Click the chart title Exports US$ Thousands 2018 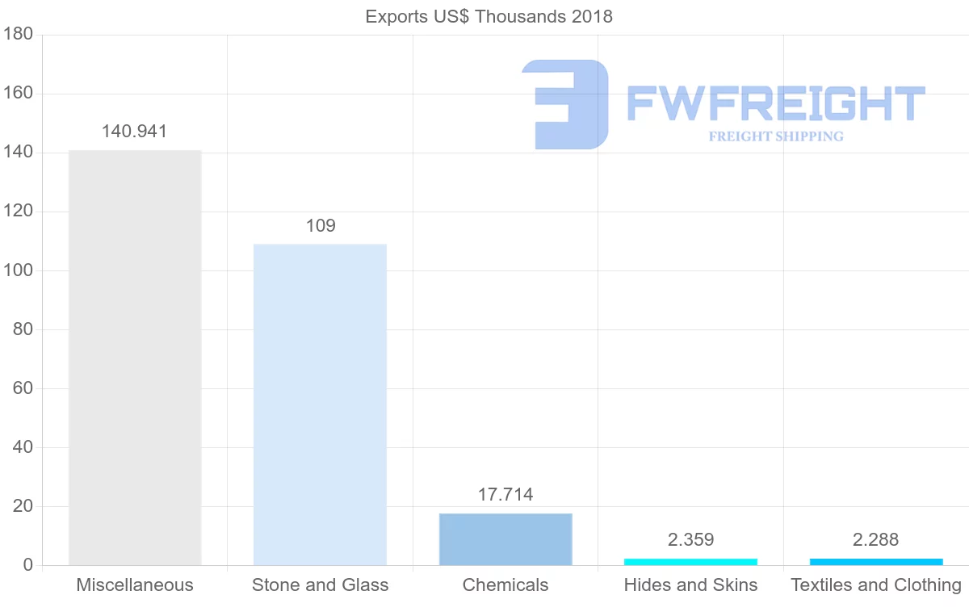[x=489, y=16]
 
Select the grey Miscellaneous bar [x=135, y=358]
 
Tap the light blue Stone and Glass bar [x=320, y=404]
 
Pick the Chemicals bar [x=505, y=539]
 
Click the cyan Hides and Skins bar [x=690, y=562]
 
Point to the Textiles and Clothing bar [x=876, y=562]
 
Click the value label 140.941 [x=134, y=132]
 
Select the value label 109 [x=320, y=226]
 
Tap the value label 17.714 [x=505, y=495]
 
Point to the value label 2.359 [x=690, y=540]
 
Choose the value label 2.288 [x=876, y=540]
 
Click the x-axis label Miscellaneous [x=135, y=585]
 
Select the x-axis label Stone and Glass [x=320, y=585]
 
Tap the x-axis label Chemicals [x=505, y=585]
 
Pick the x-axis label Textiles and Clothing [x=876, y=585]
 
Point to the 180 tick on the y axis [x=18, y=35]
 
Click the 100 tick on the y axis [x=18, y=270]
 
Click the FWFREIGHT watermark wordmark [x=775, y=103]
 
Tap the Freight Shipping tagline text [x=775, y=136]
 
